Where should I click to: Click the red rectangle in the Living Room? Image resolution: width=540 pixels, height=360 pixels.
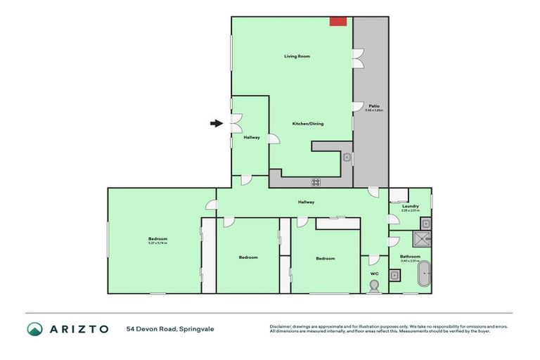[x=338, y=22]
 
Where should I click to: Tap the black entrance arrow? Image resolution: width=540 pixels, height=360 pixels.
[x=216, y=124]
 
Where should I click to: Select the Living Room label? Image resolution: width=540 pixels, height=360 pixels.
[x=297, y=56]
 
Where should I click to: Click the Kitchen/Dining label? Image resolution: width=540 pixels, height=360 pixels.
[x=307, y=124]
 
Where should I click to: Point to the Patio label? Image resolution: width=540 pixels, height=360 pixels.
[x=374, y=106]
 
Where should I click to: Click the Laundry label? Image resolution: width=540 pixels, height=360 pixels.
[x=411, y=206]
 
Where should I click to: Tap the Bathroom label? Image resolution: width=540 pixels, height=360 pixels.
[x=410, y=257]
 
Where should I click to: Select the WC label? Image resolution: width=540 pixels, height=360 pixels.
[x=374, y=274]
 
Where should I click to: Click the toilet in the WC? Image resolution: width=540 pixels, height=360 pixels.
[x=374, y=285]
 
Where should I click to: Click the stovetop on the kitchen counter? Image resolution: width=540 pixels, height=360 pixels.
[x=316, y=182]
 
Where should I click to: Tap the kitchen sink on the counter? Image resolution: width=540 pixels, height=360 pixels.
[x=347, y=158]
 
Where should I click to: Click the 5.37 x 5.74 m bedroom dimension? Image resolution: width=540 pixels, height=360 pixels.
[x=157, y=243]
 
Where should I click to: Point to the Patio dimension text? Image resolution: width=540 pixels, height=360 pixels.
[x=374, y=110]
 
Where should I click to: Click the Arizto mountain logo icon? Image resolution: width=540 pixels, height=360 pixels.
[x=34, y=329]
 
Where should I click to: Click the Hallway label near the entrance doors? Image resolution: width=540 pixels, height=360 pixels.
[x=252, y=138]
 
